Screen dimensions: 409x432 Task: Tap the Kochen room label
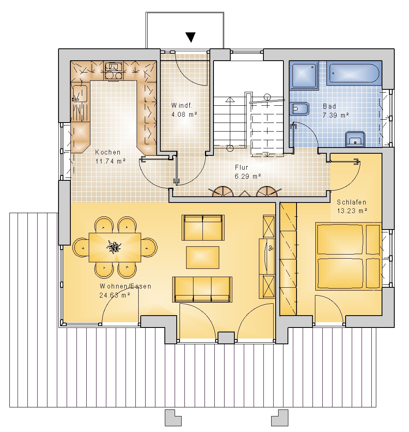pos(108,152)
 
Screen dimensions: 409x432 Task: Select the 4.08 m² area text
pos(184,114)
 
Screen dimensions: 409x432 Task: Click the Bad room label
pos(330,106)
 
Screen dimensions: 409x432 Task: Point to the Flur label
pos(242,167)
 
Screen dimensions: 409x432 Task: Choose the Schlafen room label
pos(352,202)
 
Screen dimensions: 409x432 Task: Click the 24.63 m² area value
pos(115,295)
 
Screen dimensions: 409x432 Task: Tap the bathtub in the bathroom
pos(354,73)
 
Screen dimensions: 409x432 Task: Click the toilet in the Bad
pos(299,109)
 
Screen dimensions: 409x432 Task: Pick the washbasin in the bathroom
pos(355,139)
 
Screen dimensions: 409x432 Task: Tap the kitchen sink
pos(79,93)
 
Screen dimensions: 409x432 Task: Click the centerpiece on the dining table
pos(114,247)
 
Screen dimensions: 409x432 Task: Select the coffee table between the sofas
pos(202,257)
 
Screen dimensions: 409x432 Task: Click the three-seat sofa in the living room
pos(202,289)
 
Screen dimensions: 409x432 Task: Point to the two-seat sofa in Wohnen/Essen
pos(203,227)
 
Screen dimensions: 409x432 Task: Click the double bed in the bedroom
pos(348,256)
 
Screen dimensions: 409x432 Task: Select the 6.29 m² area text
pos(248,176)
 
